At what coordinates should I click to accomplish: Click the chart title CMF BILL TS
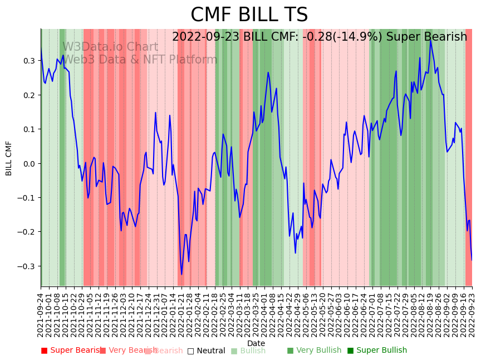click(x=249, y=15)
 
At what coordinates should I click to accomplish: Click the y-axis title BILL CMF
click(x=9, y=158)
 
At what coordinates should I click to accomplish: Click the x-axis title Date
click(x=256, y=343)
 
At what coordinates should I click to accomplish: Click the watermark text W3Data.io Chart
click(x=110, y=47)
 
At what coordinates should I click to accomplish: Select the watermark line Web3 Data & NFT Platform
click(x=140, y=60)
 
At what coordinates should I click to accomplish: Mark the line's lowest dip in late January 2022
click(x=181, y=274)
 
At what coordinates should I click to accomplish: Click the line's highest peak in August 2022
click(x=430, y=40)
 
